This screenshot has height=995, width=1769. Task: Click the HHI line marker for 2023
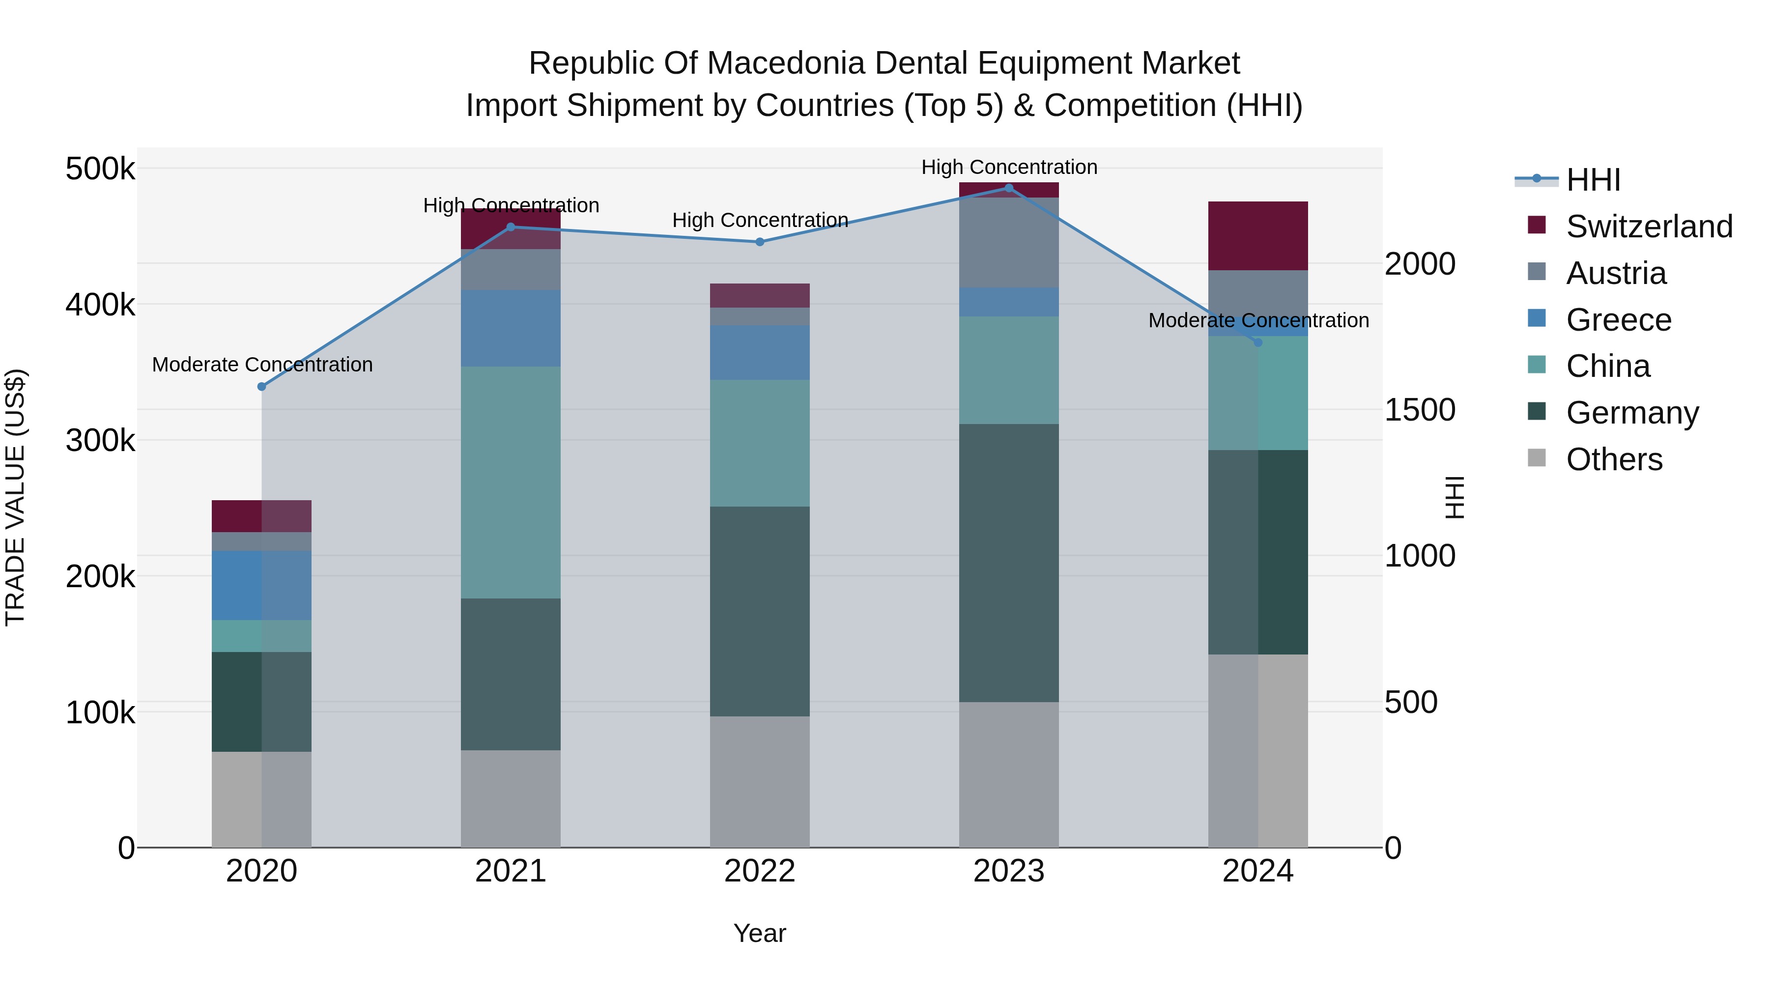tap(1009, 188)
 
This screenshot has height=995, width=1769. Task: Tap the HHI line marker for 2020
tap(261, 387)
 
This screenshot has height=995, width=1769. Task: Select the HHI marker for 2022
tap(760, 242)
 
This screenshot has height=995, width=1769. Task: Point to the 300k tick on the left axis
tap(100, 440)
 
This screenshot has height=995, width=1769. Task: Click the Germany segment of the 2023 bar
tap(1009, 563)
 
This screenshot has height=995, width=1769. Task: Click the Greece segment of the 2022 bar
tap(760, 352)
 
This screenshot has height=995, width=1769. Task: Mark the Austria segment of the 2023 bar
tap(1009, 242)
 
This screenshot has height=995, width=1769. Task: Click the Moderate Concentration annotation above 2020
tap(262, 365)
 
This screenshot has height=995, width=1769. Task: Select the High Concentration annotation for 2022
tap(760, 221)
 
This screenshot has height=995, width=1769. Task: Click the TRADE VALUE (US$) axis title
tap(15, 497)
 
